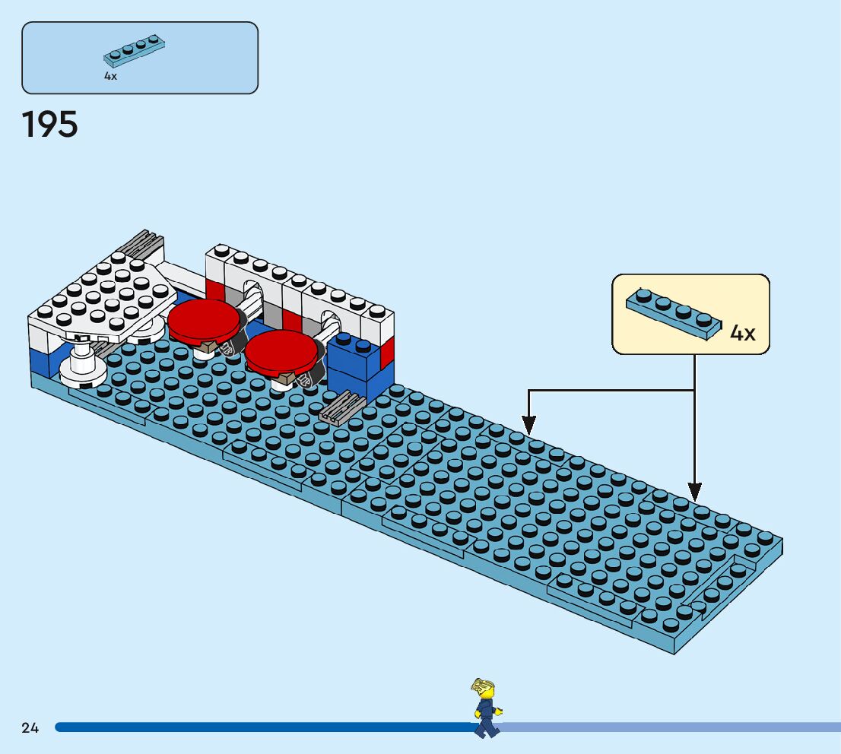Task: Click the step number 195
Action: [50, 125]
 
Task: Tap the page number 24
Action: [30, 728]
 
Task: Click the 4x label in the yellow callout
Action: [743, 333]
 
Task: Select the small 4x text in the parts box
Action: [111, 77]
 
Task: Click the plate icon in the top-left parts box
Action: [135, 50]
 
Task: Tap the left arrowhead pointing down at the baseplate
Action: [528, 425]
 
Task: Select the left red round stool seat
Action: [203, 319]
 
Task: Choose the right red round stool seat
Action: [281, 350]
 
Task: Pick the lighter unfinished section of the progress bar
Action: [669, 727]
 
